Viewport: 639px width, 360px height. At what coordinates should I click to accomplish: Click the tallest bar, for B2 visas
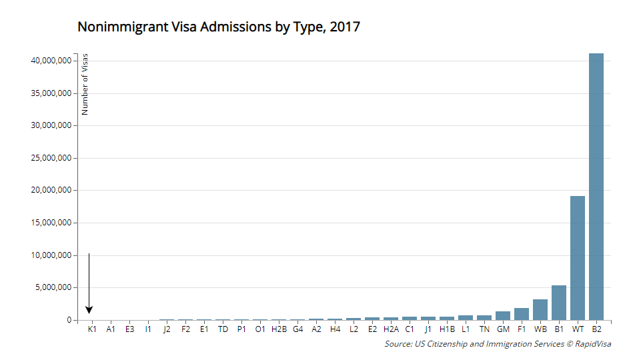point(596,187)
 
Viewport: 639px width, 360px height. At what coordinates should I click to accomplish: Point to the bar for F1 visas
point(522,314)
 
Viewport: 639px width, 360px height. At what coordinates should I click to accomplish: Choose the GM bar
point(503,316)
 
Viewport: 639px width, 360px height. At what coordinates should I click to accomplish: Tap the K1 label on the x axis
point(93,329)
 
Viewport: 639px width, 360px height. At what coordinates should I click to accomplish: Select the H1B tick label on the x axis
point(447,329)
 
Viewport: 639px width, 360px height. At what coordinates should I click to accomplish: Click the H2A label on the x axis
point(391,329)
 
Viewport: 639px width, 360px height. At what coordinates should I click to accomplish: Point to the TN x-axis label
point(484,329)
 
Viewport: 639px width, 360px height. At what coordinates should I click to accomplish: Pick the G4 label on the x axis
point(297,329)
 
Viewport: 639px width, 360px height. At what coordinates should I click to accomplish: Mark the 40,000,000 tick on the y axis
point(51,61)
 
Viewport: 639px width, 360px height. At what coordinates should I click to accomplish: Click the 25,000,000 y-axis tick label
point(51,158)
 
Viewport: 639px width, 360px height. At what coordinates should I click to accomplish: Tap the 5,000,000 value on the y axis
point(53,288)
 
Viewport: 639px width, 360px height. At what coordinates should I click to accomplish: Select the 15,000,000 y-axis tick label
point(51,223)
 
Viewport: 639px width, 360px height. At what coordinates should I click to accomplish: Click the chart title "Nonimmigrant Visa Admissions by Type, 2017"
point(219,27)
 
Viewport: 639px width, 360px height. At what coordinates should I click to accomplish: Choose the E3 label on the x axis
point(129,329)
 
